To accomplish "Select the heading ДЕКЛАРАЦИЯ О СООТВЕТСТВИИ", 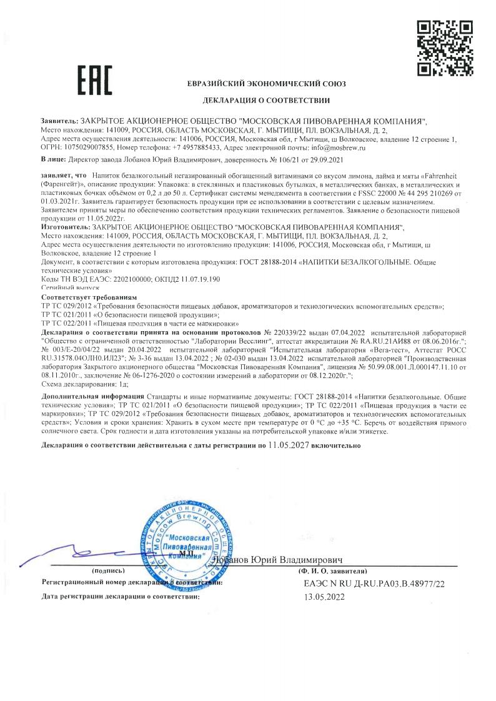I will [x=266, y=101].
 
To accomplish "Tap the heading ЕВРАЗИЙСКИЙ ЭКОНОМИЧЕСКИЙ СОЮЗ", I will [x=266, y=84].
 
